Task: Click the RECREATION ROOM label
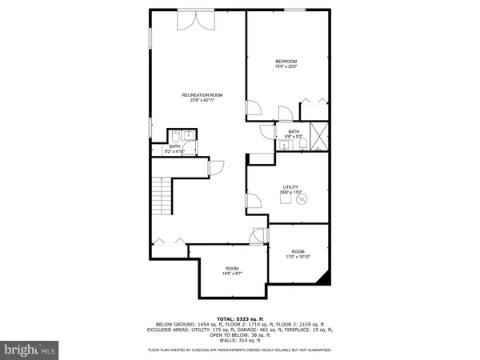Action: (202, 95)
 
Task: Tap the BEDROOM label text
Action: (286, 62)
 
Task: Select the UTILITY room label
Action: (290, 186)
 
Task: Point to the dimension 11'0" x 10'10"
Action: (298, 257)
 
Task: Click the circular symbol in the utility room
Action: (302, 201)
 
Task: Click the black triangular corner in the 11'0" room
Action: (323, 277)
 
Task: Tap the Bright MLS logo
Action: (30, 350)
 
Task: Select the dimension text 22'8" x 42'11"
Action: (202, 101)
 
